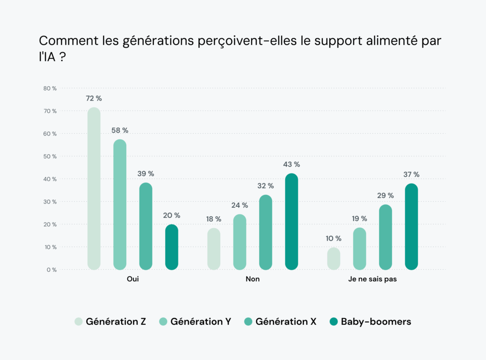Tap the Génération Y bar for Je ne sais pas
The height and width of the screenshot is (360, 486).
tap(360, 249)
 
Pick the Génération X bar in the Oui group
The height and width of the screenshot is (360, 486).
tap(146, 226)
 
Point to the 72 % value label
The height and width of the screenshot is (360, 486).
tap(94, 99)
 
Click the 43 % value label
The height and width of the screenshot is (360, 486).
tap(291, 165)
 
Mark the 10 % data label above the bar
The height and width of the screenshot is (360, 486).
tap(334, 239)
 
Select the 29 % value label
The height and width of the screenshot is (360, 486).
tap(385, 195)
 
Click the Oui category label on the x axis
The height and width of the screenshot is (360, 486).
tap(133, 279)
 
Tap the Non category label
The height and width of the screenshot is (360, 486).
tap(252, 279)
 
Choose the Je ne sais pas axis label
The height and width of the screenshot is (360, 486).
tap(373, 279)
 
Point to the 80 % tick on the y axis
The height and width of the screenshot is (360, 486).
tap(50, 88)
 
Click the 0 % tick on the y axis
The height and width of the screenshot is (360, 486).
tap(51, 270)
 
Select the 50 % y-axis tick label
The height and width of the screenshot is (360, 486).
tap(50, 157)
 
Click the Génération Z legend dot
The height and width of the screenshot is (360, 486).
tap(79, 322)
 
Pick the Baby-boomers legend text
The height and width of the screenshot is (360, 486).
tap(376, 322)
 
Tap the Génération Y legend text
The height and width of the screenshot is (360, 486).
tap(201, 322)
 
